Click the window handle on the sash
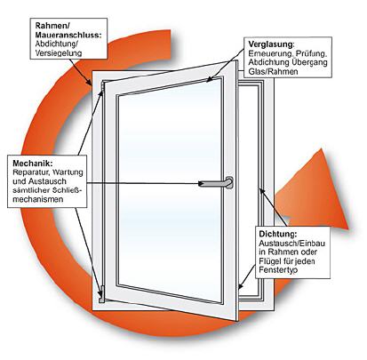pos(218,183)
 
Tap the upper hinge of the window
pos(103,87)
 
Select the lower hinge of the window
pos(102,294)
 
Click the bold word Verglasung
pos(271,44)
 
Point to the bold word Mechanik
pos(33,164)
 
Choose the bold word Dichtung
pos(277,234)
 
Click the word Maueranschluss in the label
pos(68,35)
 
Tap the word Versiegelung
pos(59,53)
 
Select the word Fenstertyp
pos(278,270)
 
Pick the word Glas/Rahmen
pos(273,72)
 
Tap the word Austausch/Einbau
pos(291,244)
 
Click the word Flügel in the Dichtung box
pos(269,261)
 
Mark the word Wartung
pos(68,172)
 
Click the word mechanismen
pos(38,199)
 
